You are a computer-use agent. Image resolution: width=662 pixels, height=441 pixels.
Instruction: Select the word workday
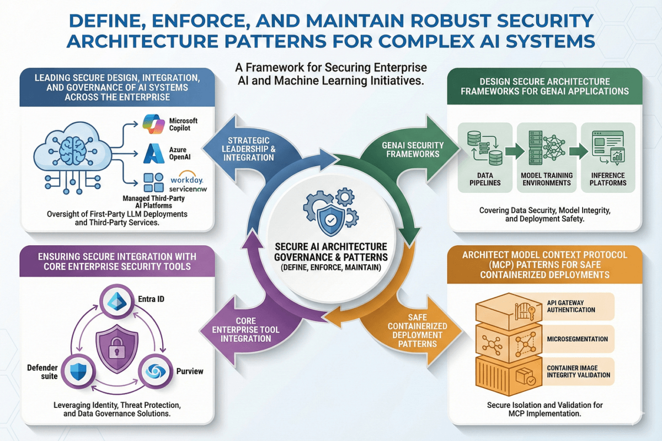pyautogui.click(x=188, y=180)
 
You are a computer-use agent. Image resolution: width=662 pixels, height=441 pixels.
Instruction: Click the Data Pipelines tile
pyautogui.click(x=485, y=157)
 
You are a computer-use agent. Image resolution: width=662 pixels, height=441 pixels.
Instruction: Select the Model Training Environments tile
pyautogui.click(x=547, y=157)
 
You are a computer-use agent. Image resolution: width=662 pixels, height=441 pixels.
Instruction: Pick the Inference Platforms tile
pyautogui.click(x=608, y=157)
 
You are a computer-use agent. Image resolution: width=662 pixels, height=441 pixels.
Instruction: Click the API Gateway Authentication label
pyautogui.click(x=570, y=306)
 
